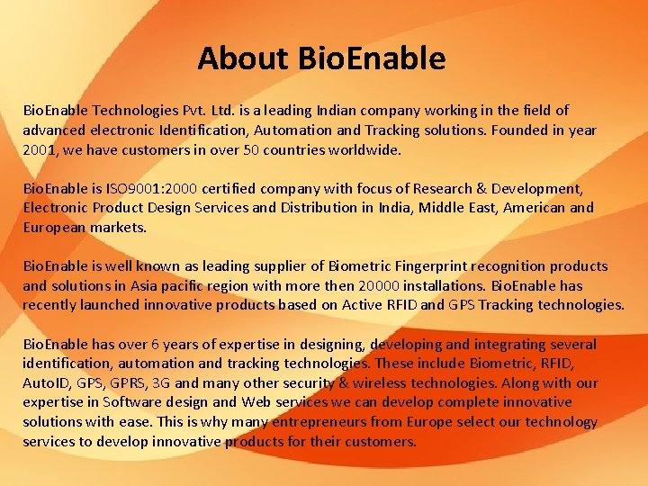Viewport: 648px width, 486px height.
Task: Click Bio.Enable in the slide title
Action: [372, 58]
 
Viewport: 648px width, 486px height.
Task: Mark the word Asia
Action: [147, 286]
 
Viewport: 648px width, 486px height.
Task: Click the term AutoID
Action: [46, 383]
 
